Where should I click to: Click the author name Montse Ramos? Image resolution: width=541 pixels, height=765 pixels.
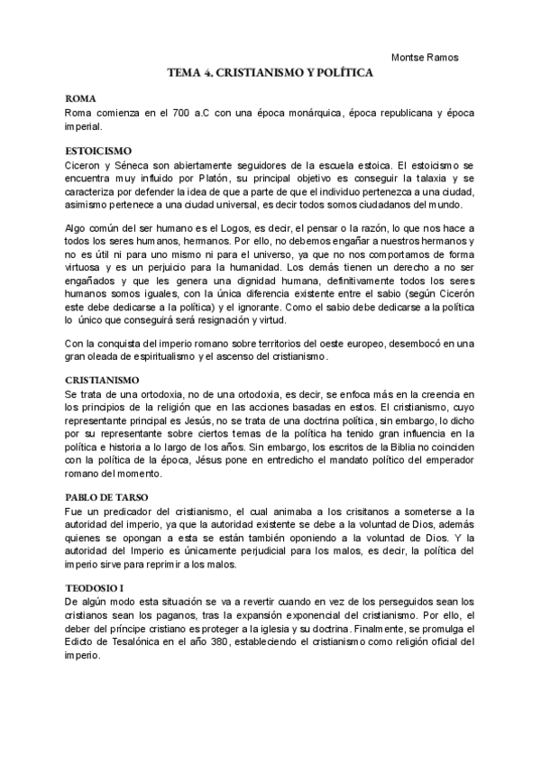point(425,58)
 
